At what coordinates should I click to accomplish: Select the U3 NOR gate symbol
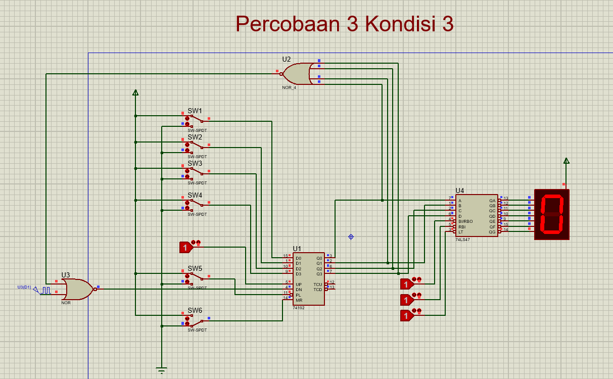77,290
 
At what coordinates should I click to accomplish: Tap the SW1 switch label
195,111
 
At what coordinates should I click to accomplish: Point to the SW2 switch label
195,137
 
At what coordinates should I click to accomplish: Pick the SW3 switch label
195,163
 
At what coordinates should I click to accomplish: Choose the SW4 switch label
195,195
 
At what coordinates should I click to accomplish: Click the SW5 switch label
195,268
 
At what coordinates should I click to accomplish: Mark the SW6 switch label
195,310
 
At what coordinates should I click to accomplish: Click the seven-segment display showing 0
552,214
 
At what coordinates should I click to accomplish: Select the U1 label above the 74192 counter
297,249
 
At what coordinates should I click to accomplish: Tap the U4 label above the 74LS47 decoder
459,191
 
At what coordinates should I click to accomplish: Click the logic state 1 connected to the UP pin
185,247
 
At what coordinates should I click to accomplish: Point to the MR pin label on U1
299,300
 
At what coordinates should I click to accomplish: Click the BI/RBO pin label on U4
465,221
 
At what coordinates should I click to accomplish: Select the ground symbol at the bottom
162,370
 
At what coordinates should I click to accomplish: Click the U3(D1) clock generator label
24,287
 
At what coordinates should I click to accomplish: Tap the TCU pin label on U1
317,284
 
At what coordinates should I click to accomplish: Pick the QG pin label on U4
492,231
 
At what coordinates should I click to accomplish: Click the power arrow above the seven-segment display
566,161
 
